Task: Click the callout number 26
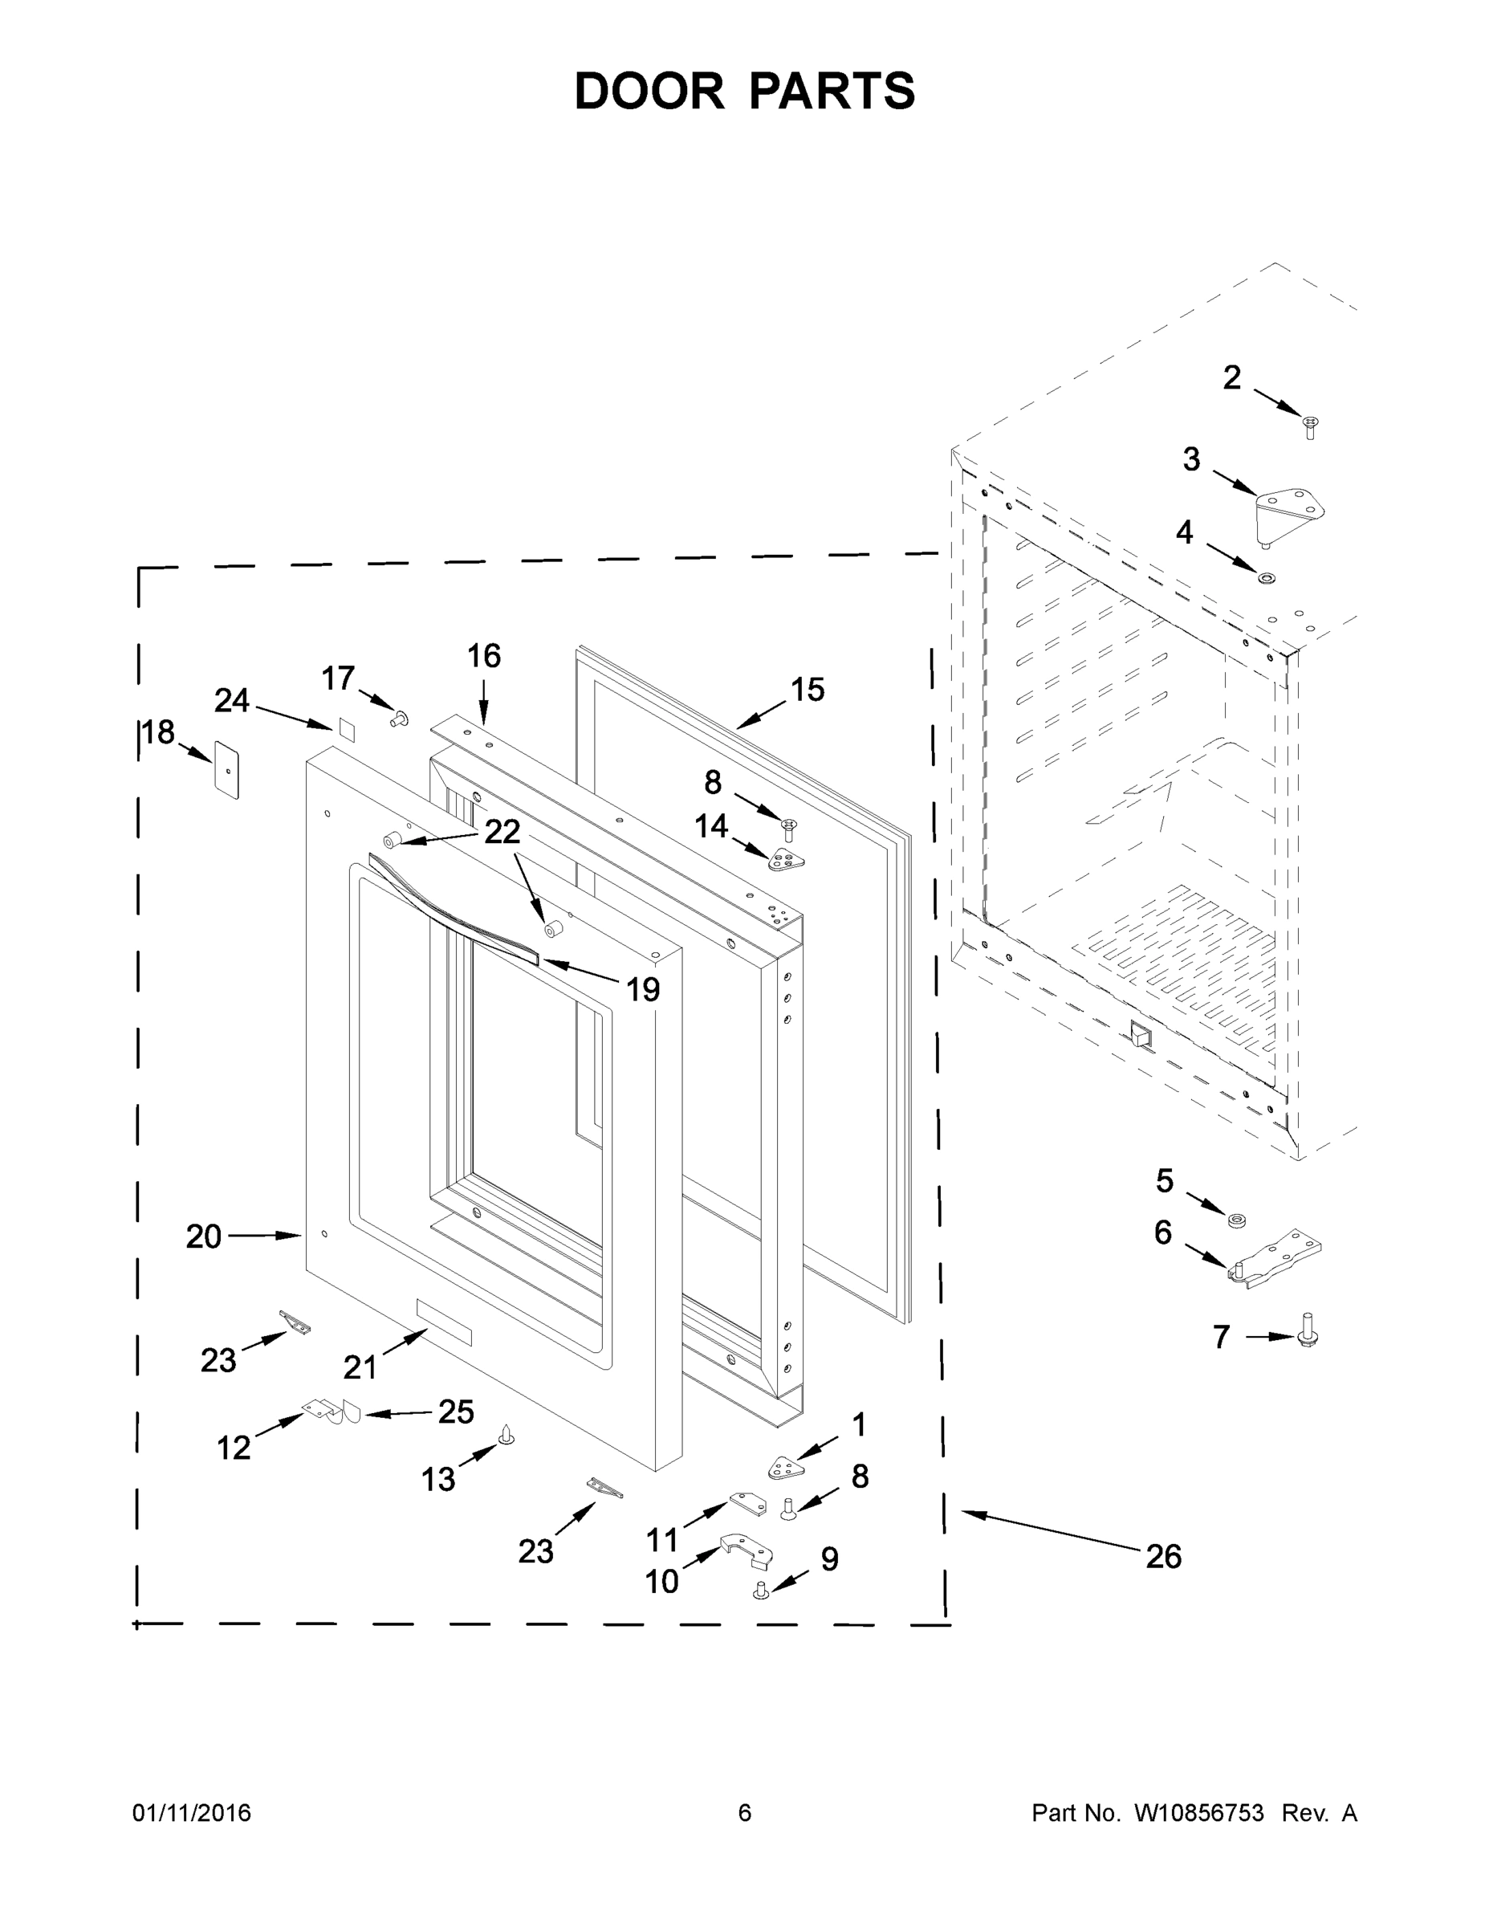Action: (1162, 1555)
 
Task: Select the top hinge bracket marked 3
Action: (1289, 514)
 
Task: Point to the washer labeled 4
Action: (1267, 578)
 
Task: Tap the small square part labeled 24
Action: (345, 729)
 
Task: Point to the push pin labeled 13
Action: (507, 1436)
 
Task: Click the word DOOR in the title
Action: (649, 91)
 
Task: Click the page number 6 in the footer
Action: (745, 1813)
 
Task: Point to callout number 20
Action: (203, 1236)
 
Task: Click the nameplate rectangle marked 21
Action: (445, 1322)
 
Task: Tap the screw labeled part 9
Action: (760, 1590)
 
